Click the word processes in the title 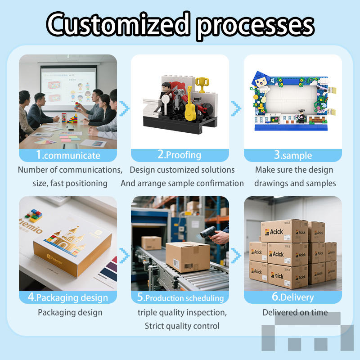click(x=255, y=24)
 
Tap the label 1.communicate click(x=68, y=156)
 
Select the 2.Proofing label click(x=180, y=155)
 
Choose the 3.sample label click(x=293, y=156)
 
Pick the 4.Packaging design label click(x=68, y=297)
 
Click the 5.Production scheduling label click(x=180, y=298)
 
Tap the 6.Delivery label click(x=293, y=297)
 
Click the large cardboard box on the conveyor click(x=188, y=257)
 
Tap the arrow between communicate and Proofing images click(x=125, y=108)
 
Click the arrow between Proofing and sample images click(x=236, y=108)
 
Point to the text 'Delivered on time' click(x=295, y=312)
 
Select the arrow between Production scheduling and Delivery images click(x=236, y=256)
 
